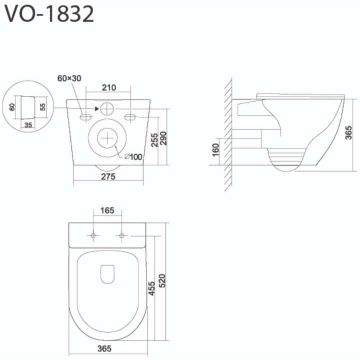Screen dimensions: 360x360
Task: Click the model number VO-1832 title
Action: (x=49, y=15)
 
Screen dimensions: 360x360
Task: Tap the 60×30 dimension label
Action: (x=69, y=78)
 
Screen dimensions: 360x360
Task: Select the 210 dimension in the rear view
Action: (x=109, y=88)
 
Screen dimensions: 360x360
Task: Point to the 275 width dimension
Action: (x=108, y=177)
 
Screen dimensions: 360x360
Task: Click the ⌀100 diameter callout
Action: (x=133, y=157)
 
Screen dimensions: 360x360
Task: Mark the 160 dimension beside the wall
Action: (x=217, y=150)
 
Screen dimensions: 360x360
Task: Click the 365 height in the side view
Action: (x=349, y=133)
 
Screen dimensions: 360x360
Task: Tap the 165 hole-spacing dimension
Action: (x=107, y=211)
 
